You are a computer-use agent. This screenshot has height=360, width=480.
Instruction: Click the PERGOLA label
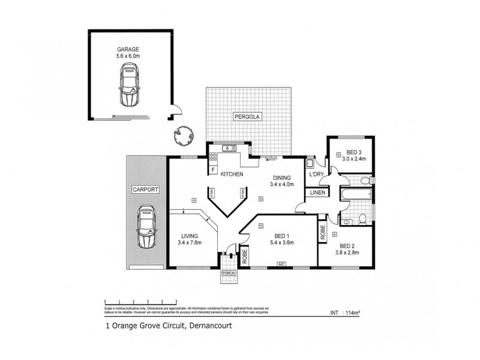pos(246,117)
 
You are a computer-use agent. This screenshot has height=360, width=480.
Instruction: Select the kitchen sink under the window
pos(229,148)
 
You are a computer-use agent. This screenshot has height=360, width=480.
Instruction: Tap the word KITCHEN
pos(231,175)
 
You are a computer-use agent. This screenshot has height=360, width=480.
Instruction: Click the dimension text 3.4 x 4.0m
pos(281,185)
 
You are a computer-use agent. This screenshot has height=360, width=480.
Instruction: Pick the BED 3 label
pos(354,152)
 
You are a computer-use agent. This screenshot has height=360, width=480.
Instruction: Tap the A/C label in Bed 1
pos(280,264)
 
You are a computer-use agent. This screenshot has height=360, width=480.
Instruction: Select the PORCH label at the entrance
pos(228,273)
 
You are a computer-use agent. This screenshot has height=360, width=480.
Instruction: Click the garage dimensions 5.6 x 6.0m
pos(128,55)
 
